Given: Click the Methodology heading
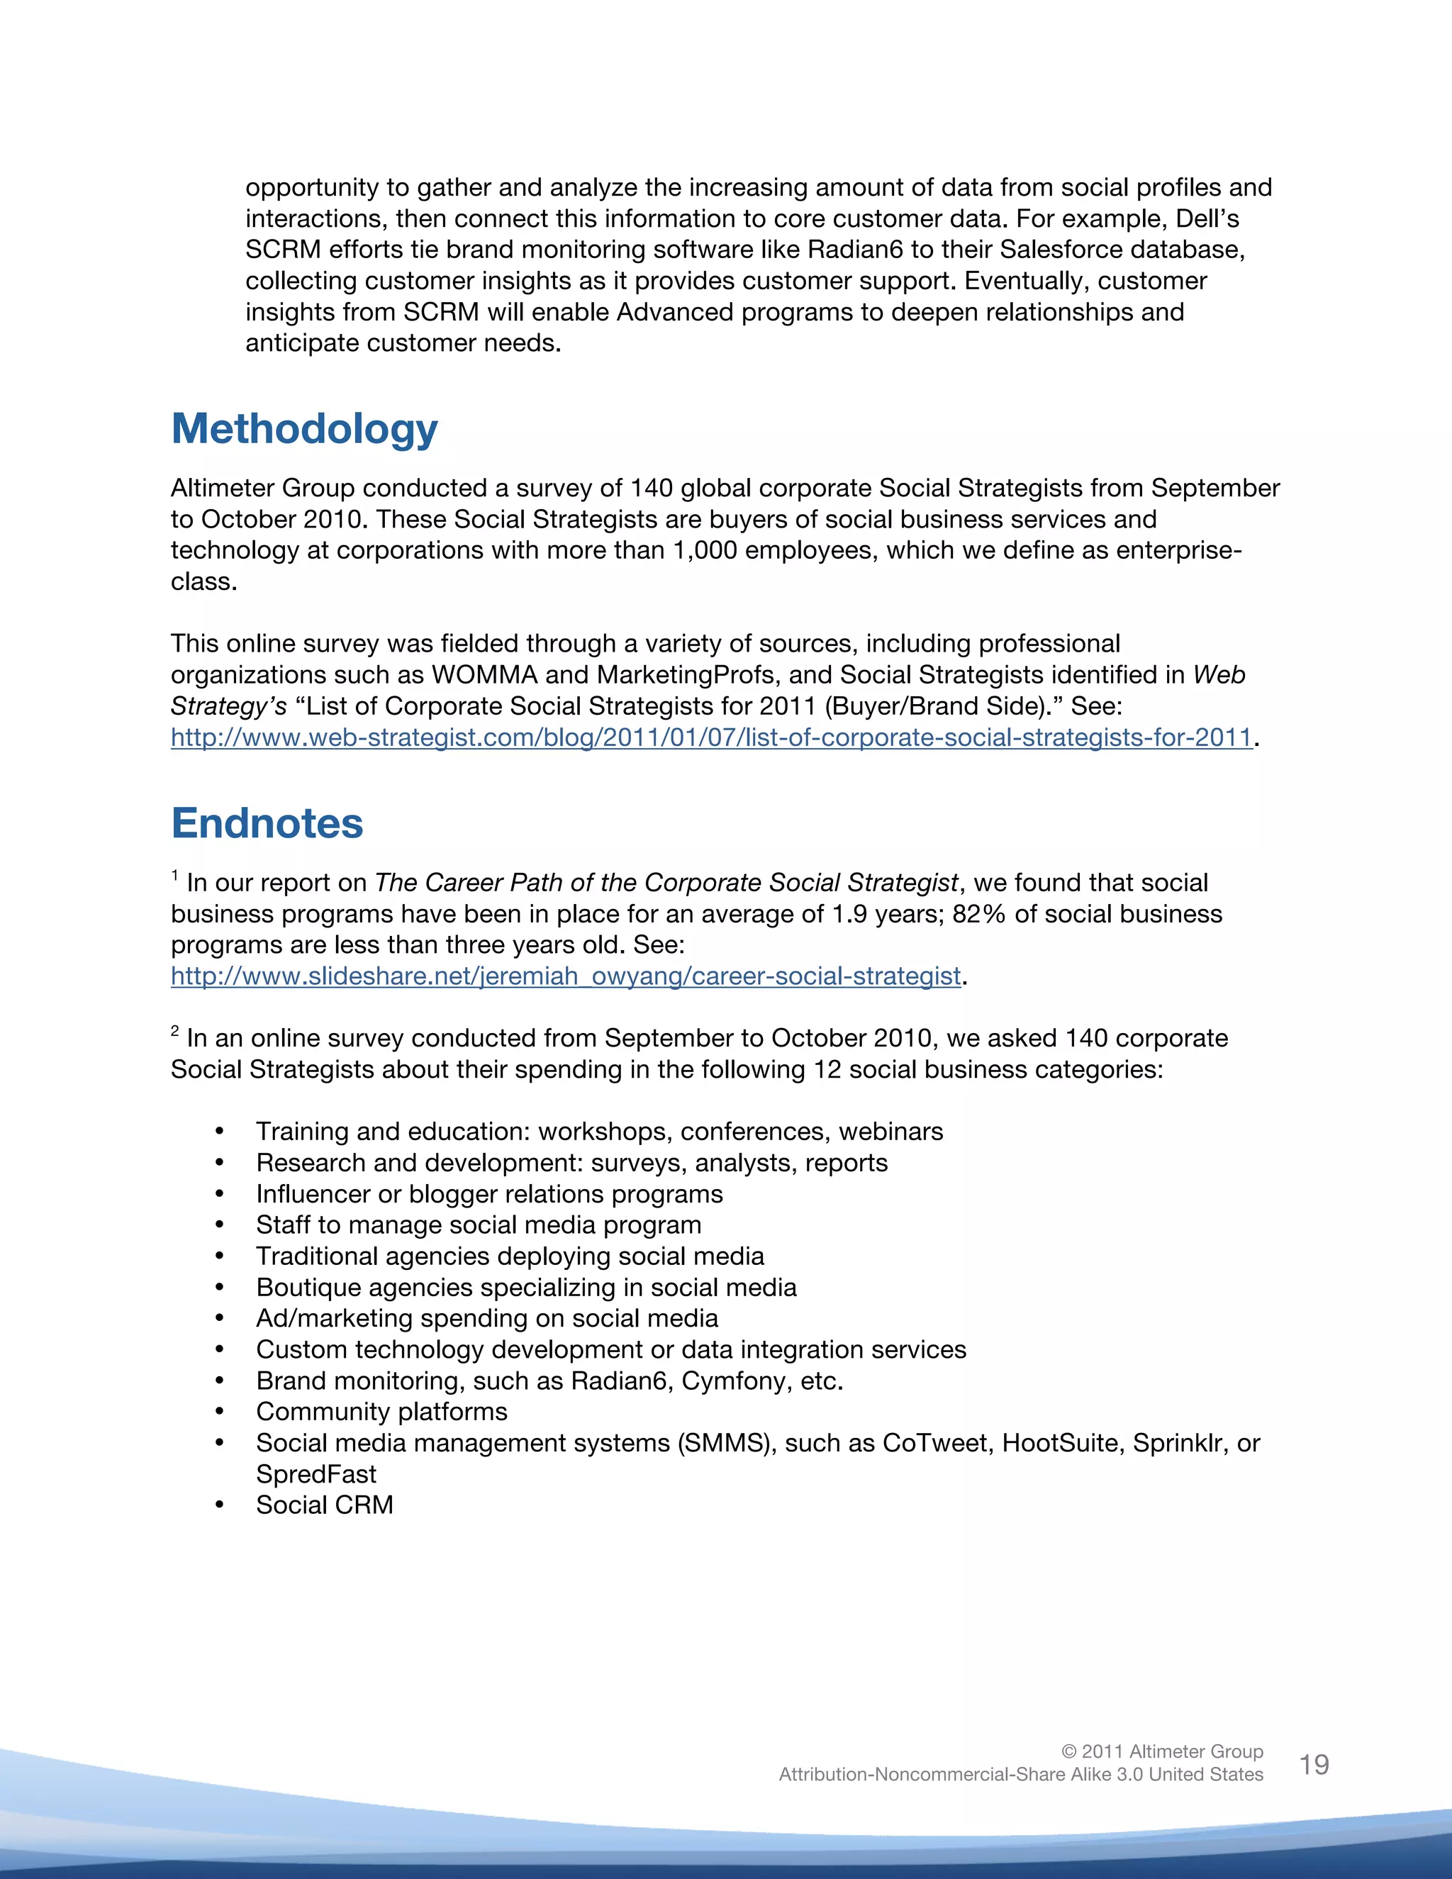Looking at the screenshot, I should tap(304, 429).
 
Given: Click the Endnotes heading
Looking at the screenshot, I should tap(267, 823).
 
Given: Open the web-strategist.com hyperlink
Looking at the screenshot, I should tap(710, 737).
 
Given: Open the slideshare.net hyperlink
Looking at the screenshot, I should tap(565, 976).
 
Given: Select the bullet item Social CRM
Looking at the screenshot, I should tap(324, 1505).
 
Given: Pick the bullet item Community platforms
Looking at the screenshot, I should tap(381, 1412).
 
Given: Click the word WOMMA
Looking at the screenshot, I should tap(484, 675).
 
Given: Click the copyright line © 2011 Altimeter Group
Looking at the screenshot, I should tap(1161, 1751).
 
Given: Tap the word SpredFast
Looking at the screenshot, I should tap(315, 1475).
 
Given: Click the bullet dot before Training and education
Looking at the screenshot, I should tap(220, 1132).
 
